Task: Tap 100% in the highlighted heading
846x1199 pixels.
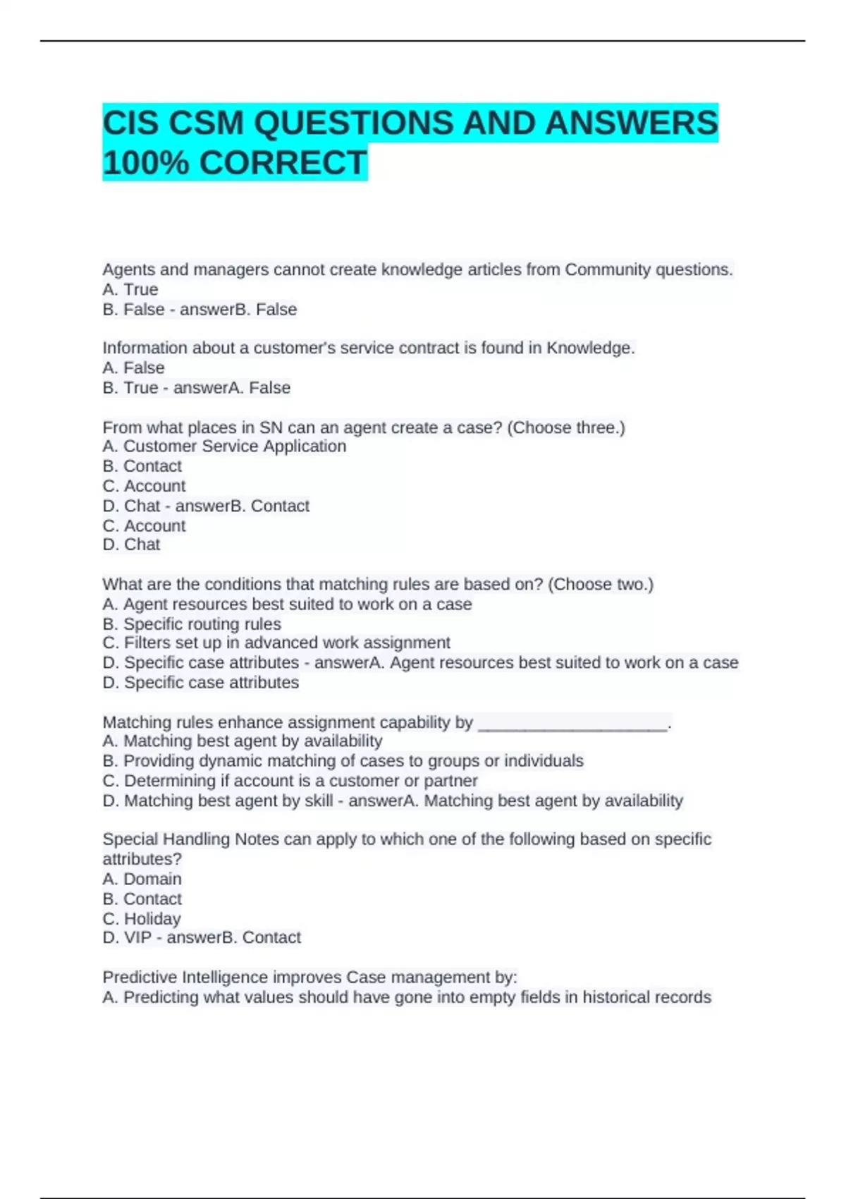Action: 145,163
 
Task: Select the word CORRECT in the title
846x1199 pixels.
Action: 283,163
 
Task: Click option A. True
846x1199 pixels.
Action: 130,289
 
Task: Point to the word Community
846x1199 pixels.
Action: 608,269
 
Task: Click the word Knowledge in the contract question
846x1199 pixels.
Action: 590,348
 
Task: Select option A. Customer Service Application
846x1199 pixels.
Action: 224,446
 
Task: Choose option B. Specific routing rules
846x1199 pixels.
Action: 192,624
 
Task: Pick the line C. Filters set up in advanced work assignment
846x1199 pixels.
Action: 276,643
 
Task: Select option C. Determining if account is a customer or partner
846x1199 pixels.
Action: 290,781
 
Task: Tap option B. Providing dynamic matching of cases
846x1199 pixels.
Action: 343,761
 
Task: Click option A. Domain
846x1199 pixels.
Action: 142,879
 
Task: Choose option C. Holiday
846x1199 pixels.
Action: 142,919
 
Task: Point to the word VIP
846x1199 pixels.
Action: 138,937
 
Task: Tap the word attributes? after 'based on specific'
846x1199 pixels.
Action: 142,859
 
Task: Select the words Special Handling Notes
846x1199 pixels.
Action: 189,839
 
